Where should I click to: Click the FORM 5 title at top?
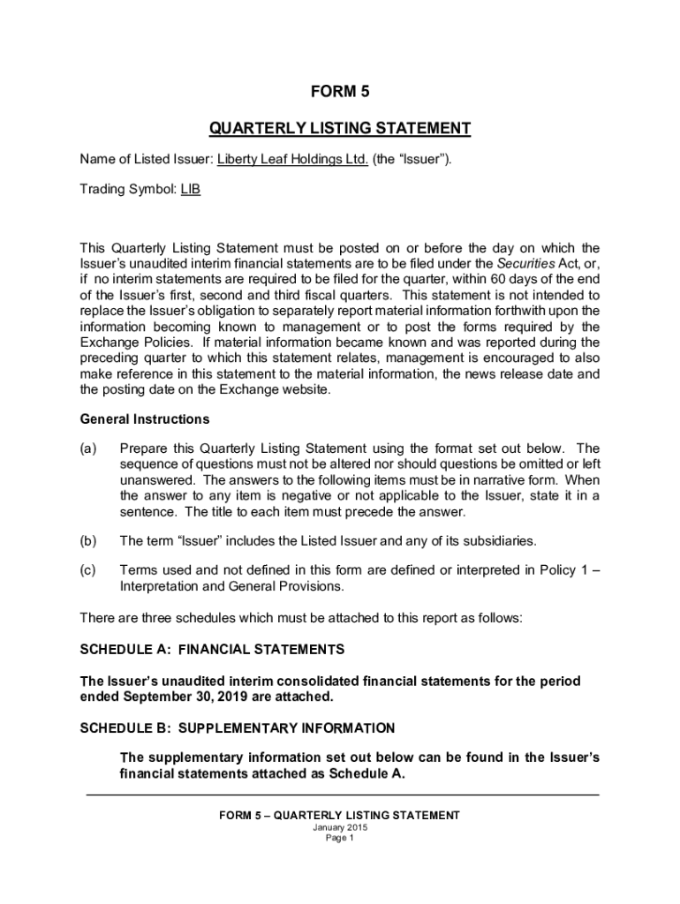[x=339, y=92]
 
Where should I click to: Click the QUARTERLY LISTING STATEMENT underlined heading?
[x=339, y=129]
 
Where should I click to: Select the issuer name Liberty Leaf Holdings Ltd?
[x=292, y=160]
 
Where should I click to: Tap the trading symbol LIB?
[x=191, y=189]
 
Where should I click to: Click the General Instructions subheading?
[x=145, y=418]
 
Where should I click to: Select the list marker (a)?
[x=88, y=448]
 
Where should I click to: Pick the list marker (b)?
[x=88, y=540]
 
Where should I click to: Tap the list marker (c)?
[x=88, y=570]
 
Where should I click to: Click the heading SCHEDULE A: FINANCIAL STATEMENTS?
[x=212, y=650]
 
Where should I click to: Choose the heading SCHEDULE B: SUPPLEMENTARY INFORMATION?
[x=237, y=728]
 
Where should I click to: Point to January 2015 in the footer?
[x=339, y=828]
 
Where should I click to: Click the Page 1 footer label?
[x=339, y=840]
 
